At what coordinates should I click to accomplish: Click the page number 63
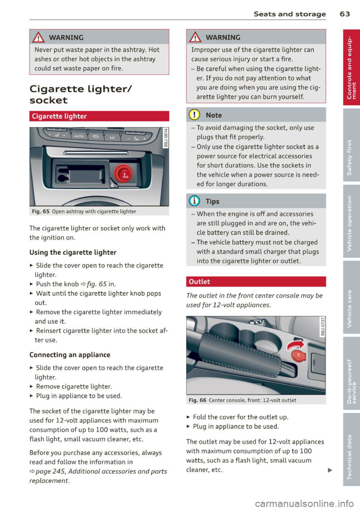pos(345,14)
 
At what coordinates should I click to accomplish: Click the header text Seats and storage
pos(289,14)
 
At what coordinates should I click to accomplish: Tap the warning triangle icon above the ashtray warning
pos(39,37)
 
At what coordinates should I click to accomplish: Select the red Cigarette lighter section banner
pos(99,116)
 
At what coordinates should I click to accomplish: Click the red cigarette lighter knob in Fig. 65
pos(123,173)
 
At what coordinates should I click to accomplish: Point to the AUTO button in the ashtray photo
pos(79,136)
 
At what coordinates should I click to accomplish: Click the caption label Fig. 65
pos(40,211)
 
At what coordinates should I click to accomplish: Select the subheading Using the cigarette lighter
pos(73,253)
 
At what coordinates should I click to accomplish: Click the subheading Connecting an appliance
pos(70,355)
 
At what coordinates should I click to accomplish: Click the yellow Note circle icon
pos(195,115)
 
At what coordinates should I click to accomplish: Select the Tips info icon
pos(195,201)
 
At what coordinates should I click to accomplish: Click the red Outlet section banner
pos(256,281)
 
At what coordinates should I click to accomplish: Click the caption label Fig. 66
pos(197,400)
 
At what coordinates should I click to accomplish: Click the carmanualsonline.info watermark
pos(304,503)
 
